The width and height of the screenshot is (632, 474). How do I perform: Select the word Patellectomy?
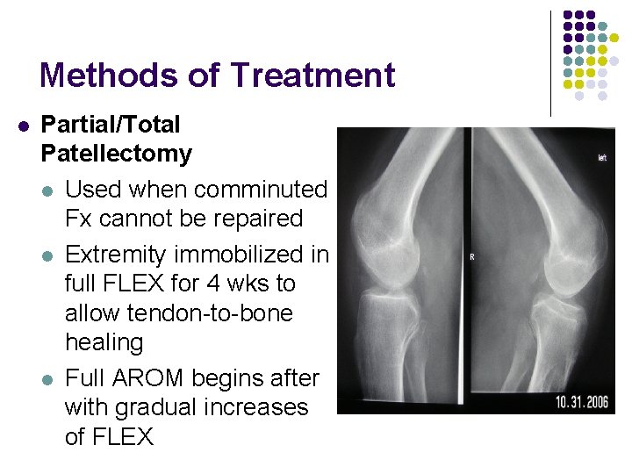(116, 154)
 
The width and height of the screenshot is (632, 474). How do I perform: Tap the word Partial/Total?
(111, 125)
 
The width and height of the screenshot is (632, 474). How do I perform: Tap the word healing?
(104, 342)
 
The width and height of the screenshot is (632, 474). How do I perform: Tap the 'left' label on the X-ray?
(602, 159)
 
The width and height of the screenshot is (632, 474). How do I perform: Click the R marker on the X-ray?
(473, 258)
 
